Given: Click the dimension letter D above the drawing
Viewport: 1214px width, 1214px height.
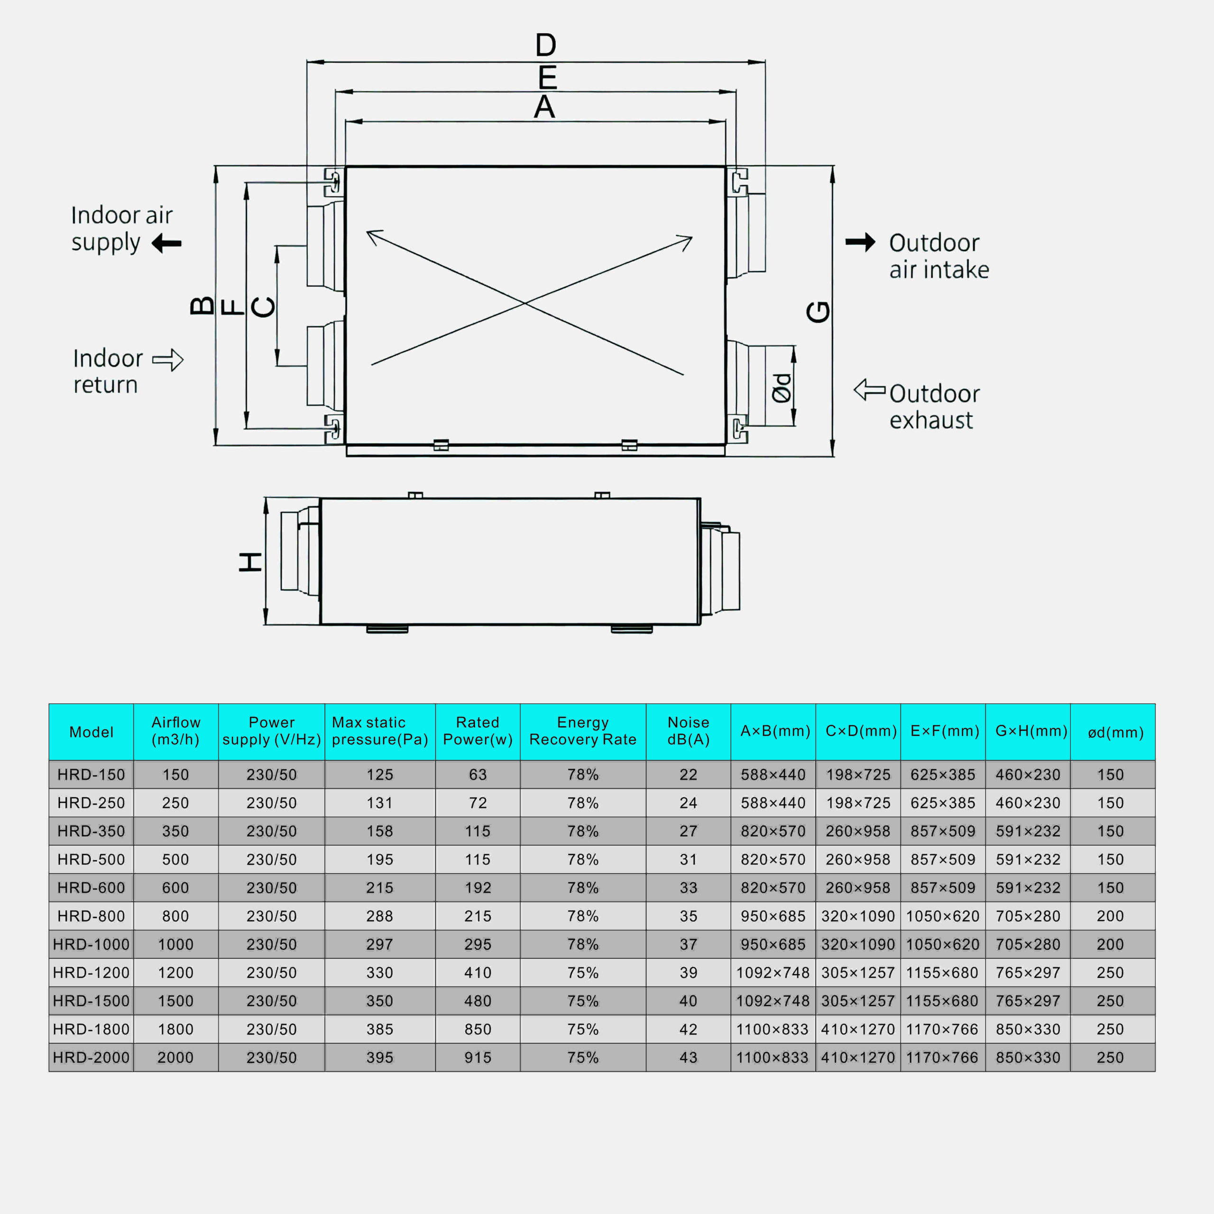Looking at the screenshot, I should (545, 45).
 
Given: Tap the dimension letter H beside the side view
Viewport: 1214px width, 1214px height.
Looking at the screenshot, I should (250, 562).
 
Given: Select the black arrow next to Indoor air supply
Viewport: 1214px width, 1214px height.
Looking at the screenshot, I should (166, 243).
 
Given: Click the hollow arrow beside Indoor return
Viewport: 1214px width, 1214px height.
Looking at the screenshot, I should (168, 360).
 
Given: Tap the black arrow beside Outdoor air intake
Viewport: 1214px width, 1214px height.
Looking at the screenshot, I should (860, 242).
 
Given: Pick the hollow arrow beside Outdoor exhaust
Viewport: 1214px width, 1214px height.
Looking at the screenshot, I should (870, 390).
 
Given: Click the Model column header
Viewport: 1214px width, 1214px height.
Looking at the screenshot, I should (91, 732).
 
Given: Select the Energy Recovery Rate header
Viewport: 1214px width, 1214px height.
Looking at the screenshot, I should (582, 731).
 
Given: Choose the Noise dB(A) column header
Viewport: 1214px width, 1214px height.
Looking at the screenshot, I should (688, 731).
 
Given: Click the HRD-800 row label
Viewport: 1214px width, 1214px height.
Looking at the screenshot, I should (91, 916).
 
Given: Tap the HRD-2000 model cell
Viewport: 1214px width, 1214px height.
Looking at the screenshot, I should (91, 1058).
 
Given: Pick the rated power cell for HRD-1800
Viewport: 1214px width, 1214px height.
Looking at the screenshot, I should (478, 1029).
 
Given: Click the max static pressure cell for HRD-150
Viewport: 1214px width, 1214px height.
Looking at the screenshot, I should (379, 775).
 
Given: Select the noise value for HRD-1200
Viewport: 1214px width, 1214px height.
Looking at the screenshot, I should (688, 973).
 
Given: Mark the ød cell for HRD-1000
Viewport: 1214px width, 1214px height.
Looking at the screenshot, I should (1110, 945).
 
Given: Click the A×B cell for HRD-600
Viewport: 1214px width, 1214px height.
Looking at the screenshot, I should (773, 888).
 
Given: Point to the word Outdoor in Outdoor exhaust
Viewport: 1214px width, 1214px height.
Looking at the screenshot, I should (934, 394).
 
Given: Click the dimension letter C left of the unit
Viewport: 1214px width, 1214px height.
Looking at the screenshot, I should (263, 307).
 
